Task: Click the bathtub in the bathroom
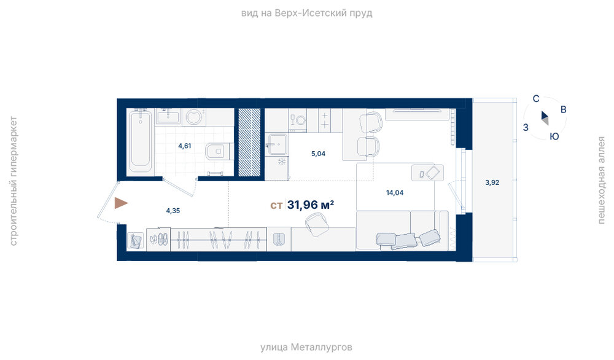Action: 141,141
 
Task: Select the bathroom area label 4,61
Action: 184,146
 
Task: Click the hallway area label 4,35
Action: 173,211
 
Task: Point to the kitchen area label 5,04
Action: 318,154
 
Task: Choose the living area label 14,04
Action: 395,192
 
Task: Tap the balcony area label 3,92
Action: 492,182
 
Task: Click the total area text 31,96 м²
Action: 311,205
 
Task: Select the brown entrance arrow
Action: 121,203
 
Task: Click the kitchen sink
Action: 278,144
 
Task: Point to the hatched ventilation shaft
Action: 249,142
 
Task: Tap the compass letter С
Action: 536,99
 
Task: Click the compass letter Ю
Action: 554,136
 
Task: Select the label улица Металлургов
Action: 306,347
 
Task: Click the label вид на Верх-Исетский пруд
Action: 306,13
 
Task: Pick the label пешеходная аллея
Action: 601,180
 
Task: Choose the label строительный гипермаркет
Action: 14,181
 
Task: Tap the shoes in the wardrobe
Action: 159,238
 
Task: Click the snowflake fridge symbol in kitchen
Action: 282,162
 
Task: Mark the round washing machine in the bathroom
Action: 194,117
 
